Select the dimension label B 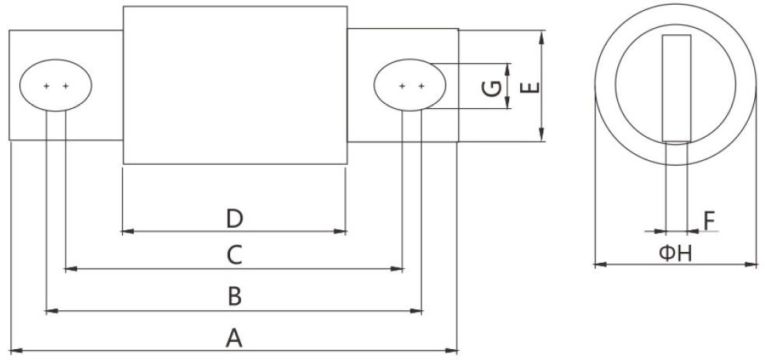pos(234,296)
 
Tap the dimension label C pos(235,254)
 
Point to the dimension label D pos(235,218)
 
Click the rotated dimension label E pos(529,86)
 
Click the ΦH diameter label pos(675,253)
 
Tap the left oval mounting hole pos(55,86)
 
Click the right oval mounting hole pos(410,86)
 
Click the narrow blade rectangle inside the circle pos(676,88)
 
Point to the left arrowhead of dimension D pos(127,231)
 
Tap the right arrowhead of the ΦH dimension pos(753,265)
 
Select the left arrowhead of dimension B pos(51,311)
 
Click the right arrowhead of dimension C pos(400,269)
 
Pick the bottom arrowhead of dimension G pos(508,104)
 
